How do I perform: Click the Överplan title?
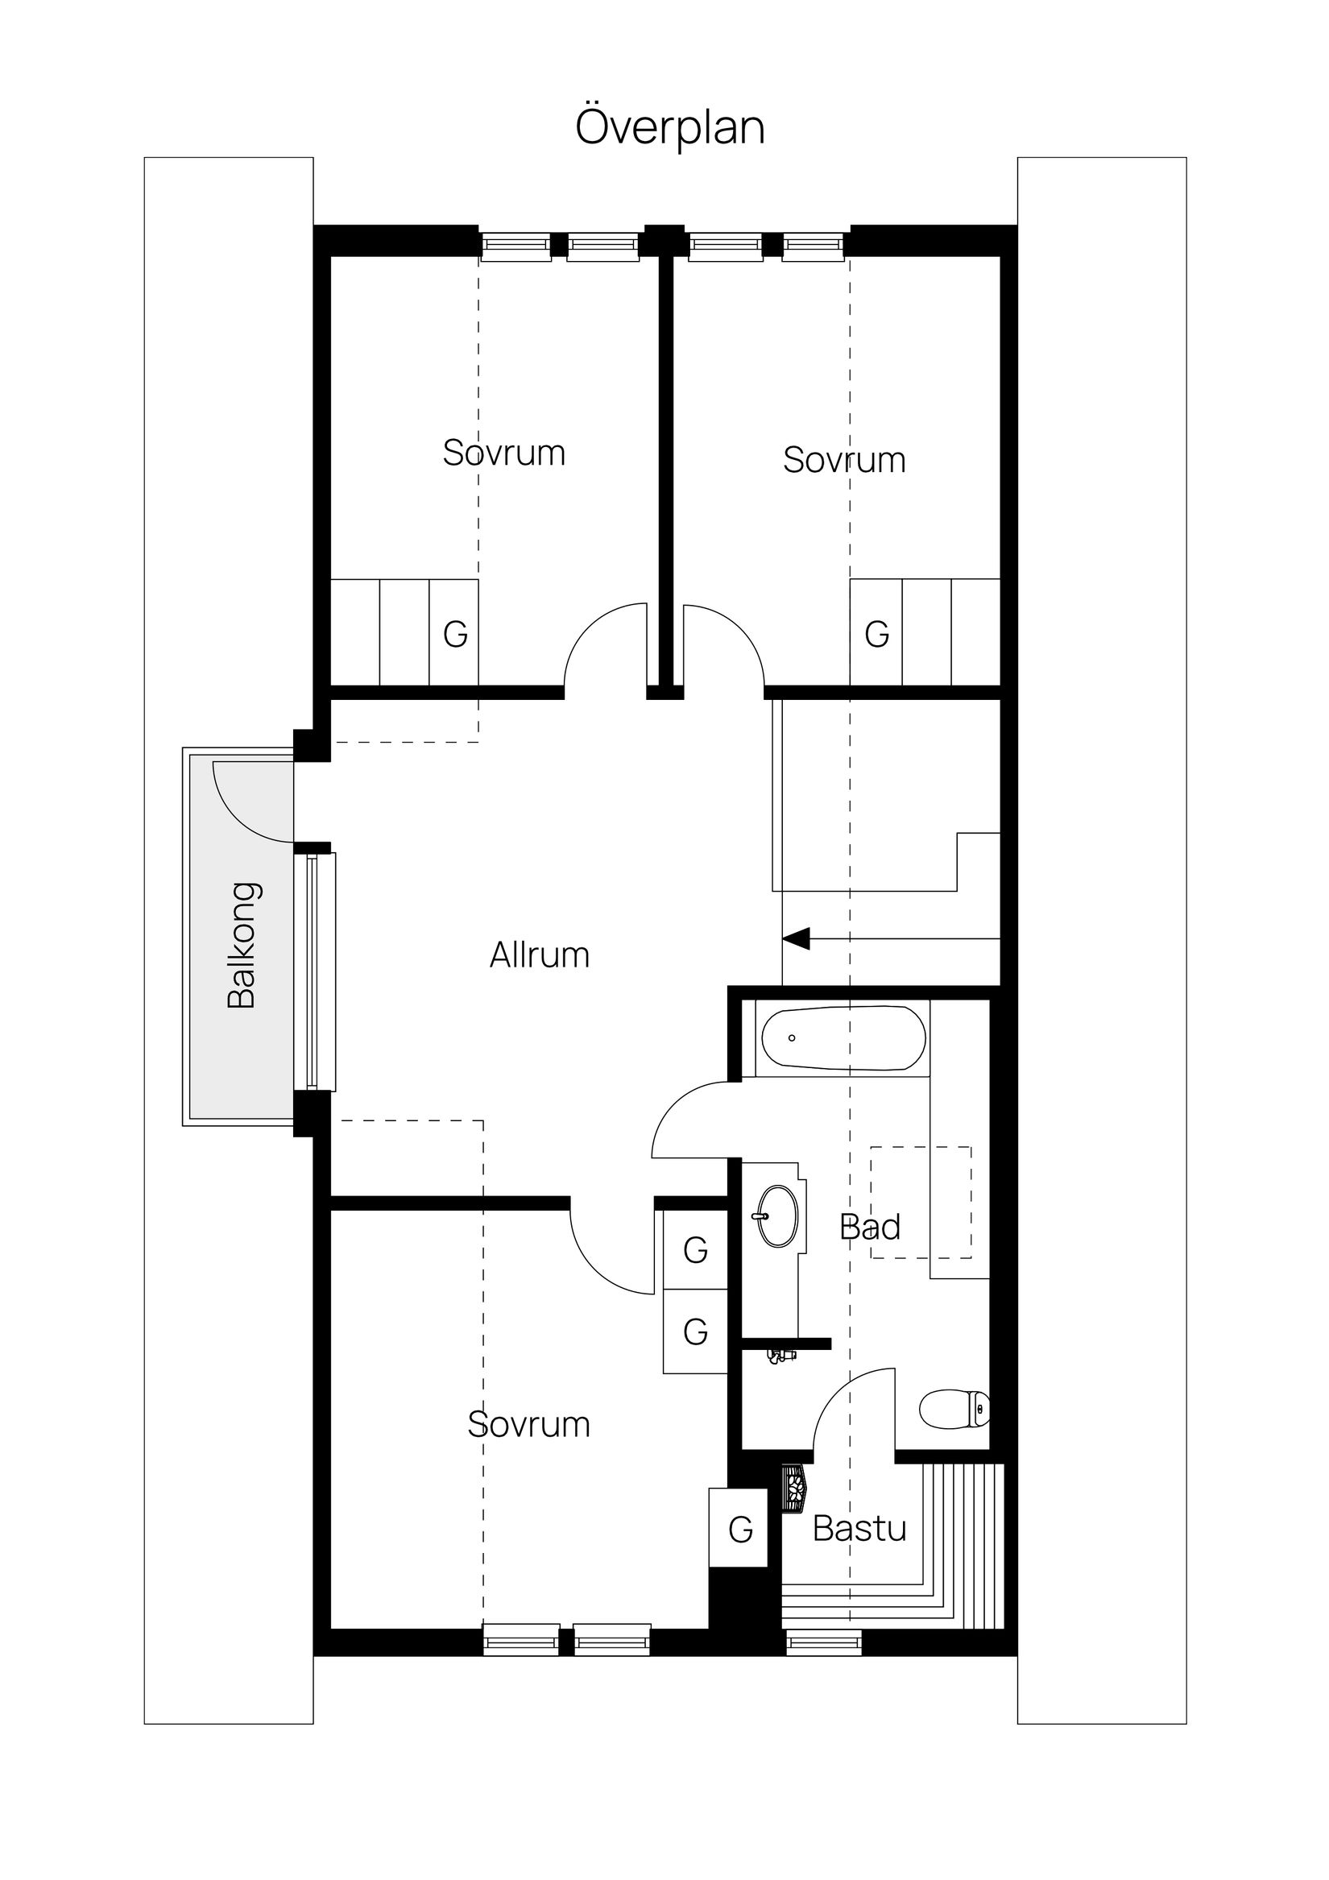[x=670, y=128]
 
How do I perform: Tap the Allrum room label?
[x=540, y=955]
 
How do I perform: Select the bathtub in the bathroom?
[x=843, y=1037]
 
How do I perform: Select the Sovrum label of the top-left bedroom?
[x=503, y=453]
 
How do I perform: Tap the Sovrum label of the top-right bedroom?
[x=844, y=460]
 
